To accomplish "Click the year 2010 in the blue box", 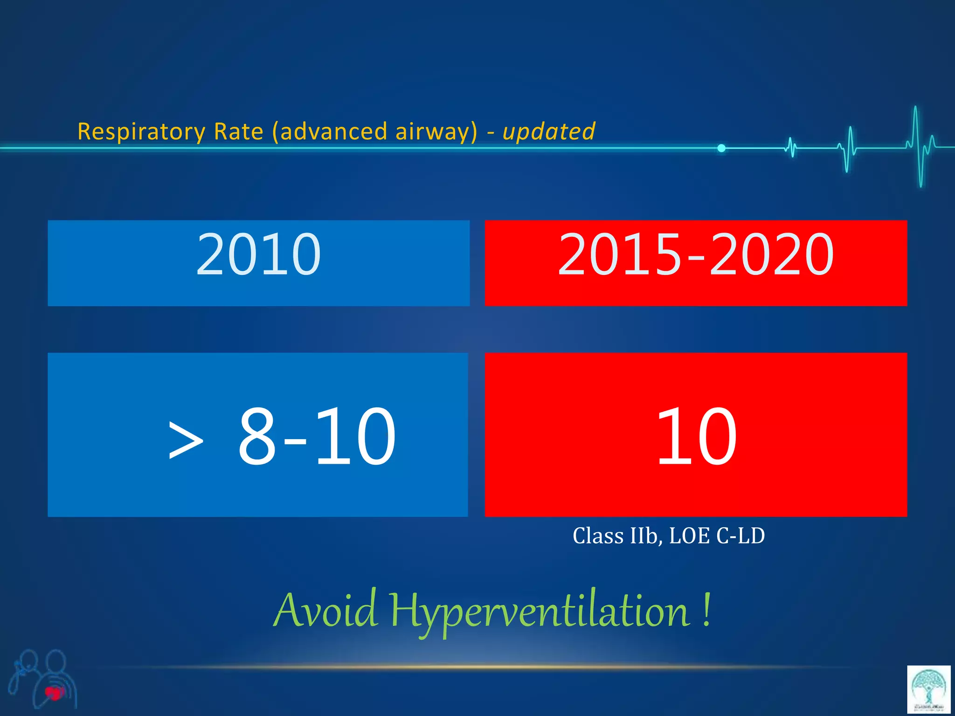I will coord(258,255).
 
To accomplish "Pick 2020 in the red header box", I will coord(771,255).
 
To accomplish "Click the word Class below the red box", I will coord(598,536).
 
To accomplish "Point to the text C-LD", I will coord(740,536).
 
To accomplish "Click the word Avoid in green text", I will coord(325,611).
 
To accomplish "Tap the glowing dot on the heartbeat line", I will coord(721,148).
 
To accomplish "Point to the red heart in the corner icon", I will coord(55,693).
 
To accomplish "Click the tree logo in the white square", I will coord(928,689).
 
